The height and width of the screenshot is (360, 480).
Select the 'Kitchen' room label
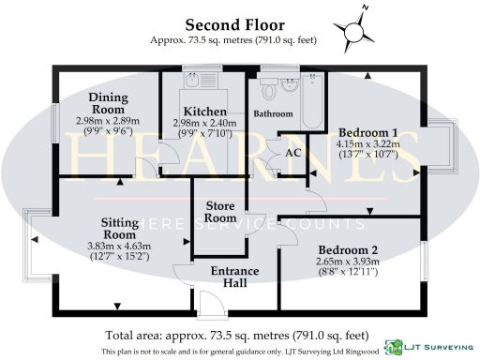199,111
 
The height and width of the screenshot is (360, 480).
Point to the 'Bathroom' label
273,114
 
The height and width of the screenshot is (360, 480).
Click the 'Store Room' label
220,212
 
